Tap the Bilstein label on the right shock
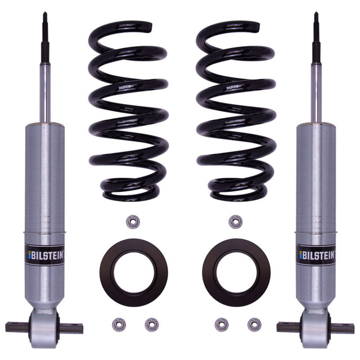(316, 255)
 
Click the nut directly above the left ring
(133, 221)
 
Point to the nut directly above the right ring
(236, 221)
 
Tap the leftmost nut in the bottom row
(119, 325)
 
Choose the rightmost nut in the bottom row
(254, 325)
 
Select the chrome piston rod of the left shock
(44, 84)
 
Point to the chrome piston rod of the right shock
(316, 84)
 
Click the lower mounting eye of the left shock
(44, 326)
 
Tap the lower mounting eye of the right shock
(316, 326)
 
